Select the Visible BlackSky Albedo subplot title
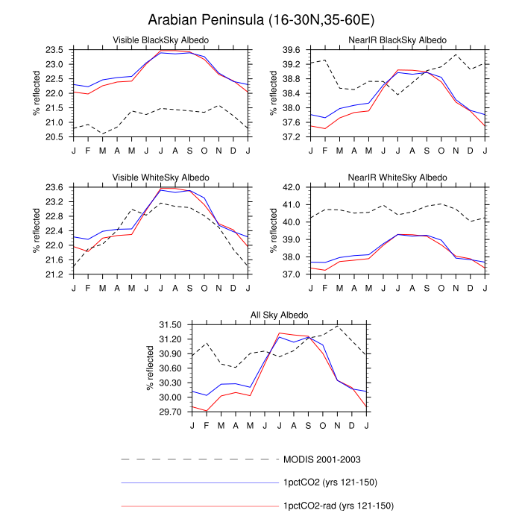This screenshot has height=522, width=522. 161,40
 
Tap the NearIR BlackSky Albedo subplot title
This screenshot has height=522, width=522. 397,40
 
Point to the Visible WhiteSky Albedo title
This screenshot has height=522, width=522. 161,177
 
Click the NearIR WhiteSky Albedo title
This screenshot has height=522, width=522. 397,177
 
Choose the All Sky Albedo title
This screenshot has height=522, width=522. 280,315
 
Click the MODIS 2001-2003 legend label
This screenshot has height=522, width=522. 322,460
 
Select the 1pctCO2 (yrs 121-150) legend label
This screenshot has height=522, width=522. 330,482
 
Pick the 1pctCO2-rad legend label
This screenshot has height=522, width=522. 339,506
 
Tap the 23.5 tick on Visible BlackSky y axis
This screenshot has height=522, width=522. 54,50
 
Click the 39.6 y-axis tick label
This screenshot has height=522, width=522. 292,50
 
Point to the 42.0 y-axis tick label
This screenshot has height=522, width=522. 292,187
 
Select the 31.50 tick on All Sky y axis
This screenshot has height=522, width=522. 171,325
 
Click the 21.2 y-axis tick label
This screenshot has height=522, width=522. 54,274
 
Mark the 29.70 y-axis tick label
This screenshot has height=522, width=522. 171,412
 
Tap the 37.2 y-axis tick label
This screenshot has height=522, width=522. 292,136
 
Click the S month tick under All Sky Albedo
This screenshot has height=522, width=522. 308,426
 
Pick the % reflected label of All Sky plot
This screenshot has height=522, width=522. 150,368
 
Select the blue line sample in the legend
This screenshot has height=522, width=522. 200,482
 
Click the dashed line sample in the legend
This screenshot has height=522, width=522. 200,460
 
